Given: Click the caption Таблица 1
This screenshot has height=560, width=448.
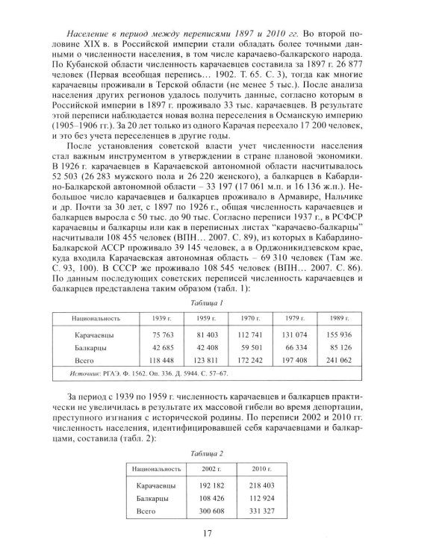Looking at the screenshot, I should [225, 302].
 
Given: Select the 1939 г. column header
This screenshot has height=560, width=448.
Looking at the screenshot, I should [152, 318].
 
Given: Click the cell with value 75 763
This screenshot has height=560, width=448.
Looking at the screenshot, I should [152, 335].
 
